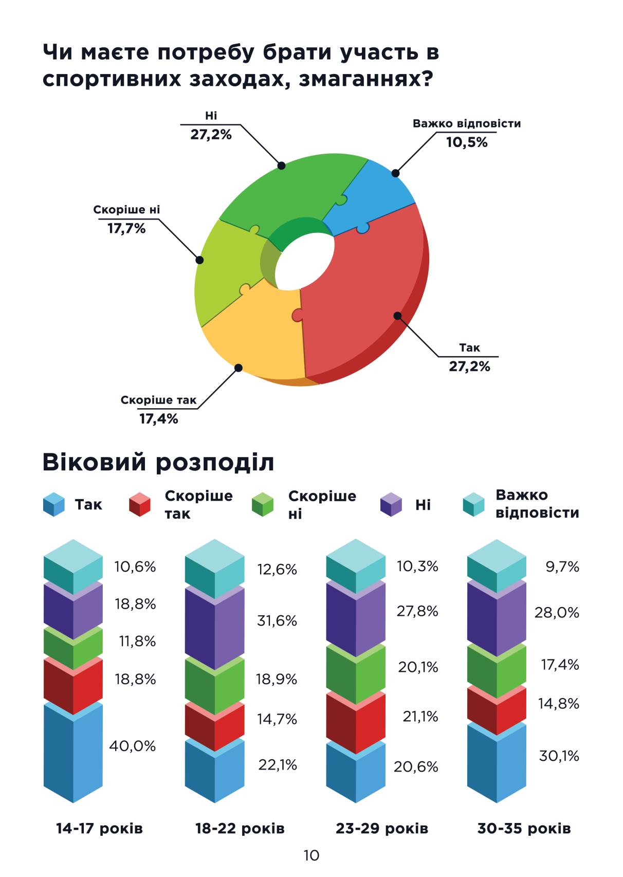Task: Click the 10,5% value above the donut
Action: pyautogui.click(x=466, y=142)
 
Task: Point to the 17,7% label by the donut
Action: pyautogui.click(x=126, y=229)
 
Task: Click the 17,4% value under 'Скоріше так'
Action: pyautogui.click(x=159, y=419)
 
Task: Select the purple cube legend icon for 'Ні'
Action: pyautogui.click(x=391, y=504)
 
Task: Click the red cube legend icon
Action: pyautogui.click(x=139, y=504)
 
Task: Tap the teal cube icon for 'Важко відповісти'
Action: pyautogui.click(x=473, y=504)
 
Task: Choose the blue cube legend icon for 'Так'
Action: pyautogui.click(x=54, y=504)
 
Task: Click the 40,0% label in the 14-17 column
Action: pyautogui.click(x=132, y=746)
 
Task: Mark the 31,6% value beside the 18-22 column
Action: pyautogui.click(x=277, y=621)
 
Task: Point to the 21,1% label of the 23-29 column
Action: pyautogui.click(x=420, y=717)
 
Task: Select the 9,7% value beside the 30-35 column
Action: pyautogui.click(x=562, y=567)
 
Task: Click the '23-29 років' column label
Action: pyautogui.click(x=382, y=829)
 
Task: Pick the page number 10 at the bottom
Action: pyautogui.click(x=311, y=855)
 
